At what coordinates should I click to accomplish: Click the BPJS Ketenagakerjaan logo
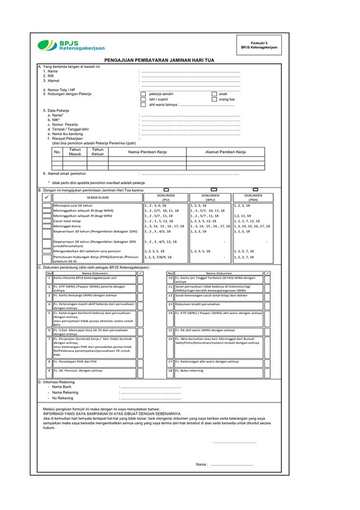coord(71,46)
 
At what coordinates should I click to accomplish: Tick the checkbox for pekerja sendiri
coord(143,94)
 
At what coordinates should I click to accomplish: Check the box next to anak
coord(214,94)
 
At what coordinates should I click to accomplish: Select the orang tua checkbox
coord(214,100)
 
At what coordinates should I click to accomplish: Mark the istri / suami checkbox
coord(143,100)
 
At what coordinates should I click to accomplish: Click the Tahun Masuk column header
coord(75,151)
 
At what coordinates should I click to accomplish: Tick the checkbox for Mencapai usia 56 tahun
coord(47,206)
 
